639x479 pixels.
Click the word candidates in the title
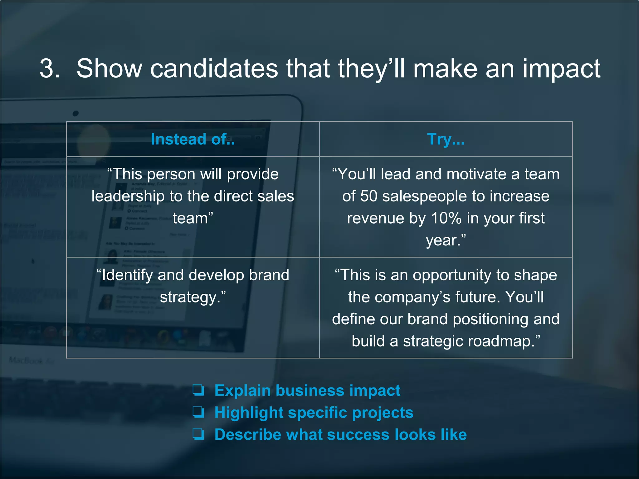[214, 69]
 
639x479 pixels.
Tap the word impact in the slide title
[561, 69]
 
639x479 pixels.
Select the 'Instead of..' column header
[193, 139]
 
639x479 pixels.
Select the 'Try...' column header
[446, 139]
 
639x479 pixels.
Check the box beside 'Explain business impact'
[198, 390]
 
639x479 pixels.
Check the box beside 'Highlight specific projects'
[198, 412]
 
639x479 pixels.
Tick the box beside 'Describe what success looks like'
[198, 434]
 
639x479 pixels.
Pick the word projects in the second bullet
[383, 413]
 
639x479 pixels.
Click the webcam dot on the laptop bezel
[76, 114]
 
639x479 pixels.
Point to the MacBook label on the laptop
[26, 360]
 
